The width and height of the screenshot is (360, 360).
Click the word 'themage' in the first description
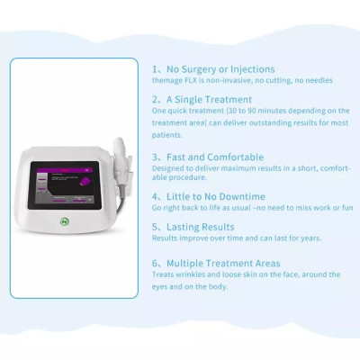(x=166, y=79)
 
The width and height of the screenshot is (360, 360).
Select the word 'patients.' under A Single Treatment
(x=167, y=134)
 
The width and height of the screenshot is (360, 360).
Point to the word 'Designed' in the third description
(x=166, y=166)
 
